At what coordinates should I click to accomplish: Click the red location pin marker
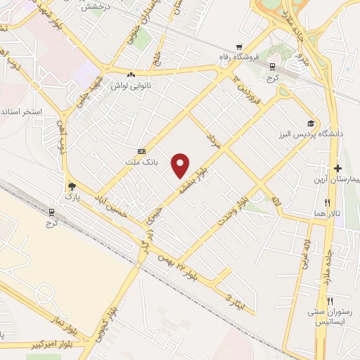pyautogui.click(x=181, y=164)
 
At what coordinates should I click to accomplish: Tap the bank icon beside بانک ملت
pyautogui.click(x=142, y=151)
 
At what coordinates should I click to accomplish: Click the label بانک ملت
pyautogui.click(x=146, y=161)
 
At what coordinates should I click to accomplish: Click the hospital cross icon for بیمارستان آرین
pyautogui.click(x=338, y=169)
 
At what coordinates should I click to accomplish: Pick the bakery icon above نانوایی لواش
pyautogui.click(x=131, y=74)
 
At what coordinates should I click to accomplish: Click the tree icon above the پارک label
pyautogui.click(x=71, y=186)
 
